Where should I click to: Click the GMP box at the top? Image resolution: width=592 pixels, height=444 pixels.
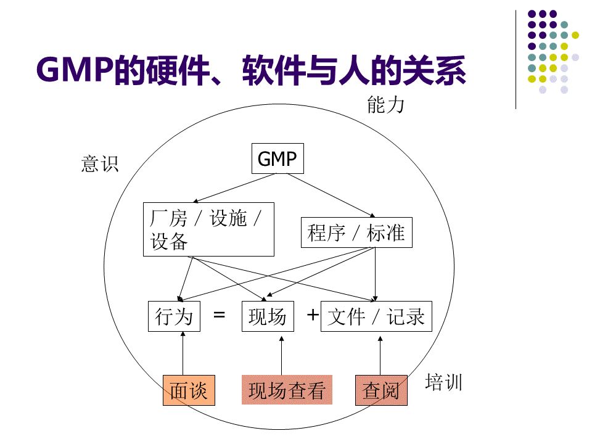[x=277, y=159]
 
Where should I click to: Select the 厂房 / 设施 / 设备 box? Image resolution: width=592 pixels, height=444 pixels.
[x=208, y=229]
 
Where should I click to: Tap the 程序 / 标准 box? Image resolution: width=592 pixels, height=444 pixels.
[x=356, y=232]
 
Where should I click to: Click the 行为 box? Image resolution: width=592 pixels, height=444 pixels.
[x=174, y=316]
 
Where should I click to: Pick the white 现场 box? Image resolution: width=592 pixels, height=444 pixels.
[x=267, y=316]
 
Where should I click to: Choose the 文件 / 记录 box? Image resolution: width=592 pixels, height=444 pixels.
[x=376, y=316]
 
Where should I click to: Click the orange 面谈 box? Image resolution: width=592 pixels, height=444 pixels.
[x=189, y=390]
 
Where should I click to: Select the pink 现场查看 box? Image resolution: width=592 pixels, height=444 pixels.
[x=286, y=390]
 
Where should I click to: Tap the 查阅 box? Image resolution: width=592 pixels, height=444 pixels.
[x=381, y=390]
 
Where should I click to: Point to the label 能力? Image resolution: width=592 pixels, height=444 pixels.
[x=385, y=105]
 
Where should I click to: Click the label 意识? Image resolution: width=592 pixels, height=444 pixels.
[x=99, y=164]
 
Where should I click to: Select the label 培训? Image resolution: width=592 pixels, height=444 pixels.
[x=443, y=383]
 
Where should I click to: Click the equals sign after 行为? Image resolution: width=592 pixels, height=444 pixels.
[x=219, y=315]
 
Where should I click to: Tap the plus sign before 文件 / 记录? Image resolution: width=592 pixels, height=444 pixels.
[x=313, y=315]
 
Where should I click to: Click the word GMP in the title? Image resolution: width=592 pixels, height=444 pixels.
[x=75, y=70]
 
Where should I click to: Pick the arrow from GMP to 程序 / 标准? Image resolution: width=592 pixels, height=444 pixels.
[x=330, y=195]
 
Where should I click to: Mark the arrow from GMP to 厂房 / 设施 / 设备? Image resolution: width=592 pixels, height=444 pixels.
[x=234, y=188]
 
